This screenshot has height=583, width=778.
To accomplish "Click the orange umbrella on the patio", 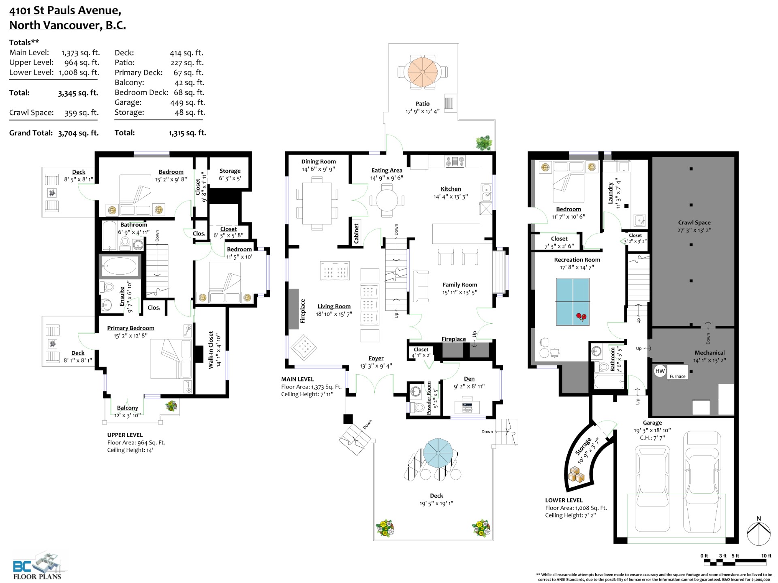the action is (x=423, y=72).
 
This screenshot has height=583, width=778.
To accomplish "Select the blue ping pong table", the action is (x=573, y=301).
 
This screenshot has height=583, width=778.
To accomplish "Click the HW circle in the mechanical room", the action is (x=660, y=371).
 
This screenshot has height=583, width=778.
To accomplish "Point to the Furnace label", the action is (x=678, y=376).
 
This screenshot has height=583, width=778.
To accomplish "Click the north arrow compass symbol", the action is (x=759, y=532).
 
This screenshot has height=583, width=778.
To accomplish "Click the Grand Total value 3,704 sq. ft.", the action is (x=78, y=133).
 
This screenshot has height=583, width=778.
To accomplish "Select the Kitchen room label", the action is (x=451, y=189).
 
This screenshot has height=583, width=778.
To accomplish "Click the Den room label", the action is (x=469, y=379).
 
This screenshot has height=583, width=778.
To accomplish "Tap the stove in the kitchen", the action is (x=455, y=161).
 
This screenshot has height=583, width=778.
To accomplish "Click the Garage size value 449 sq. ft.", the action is (x=188, y=103).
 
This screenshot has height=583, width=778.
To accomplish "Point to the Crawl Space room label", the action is (x=694, y=222).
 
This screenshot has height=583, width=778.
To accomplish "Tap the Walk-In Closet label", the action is (x=211, y=350).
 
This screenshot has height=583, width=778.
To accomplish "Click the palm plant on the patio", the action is (x=484, y=143).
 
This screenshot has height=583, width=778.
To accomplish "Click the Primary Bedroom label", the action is (x=130, y=328).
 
